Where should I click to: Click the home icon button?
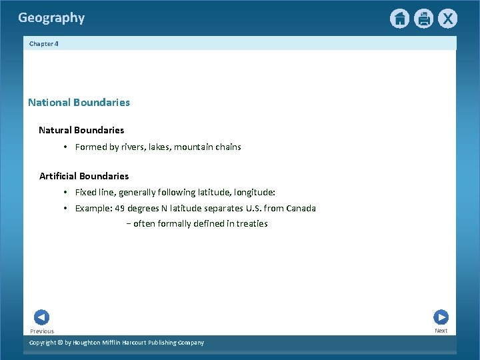click(x=399, y=19)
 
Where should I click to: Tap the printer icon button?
click(x=423, y=19)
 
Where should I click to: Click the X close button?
click(x=447, y=19)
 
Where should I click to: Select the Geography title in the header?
click(x=51, y=18)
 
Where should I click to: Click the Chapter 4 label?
click(x=43, y=43)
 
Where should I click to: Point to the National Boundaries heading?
click(x=79, y=103)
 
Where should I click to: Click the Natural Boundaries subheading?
click(x=81, y=130)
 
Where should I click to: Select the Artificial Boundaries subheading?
click(x=84, y=176)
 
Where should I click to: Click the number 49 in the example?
click(x=120, y=208)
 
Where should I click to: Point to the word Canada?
click(x=301, y=208)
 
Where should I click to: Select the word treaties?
click(x=251, y=224)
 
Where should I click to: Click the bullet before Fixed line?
click(x=66, y=192)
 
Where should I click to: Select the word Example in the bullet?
click(x=93, y=208)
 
